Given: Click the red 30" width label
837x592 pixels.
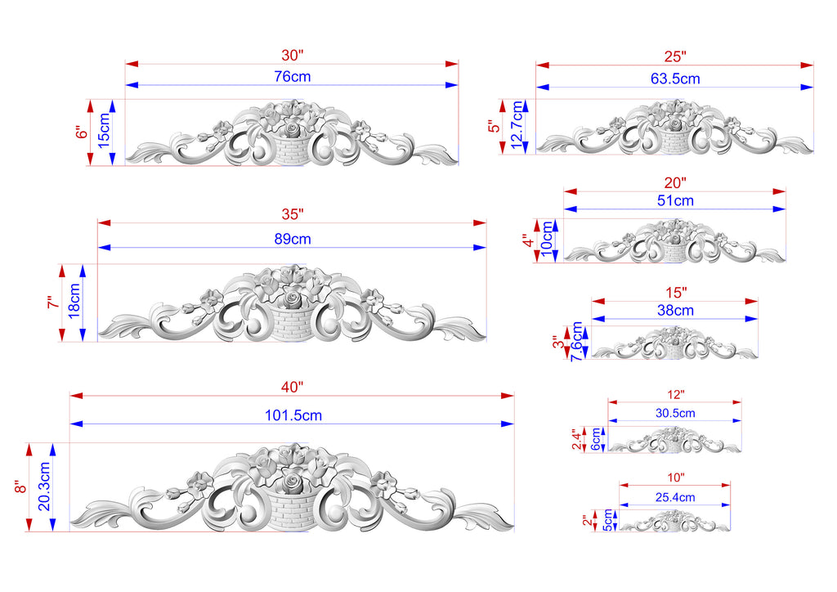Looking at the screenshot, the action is point(292,55).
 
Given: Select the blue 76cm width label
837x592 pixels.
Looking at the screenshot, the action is point(293,77).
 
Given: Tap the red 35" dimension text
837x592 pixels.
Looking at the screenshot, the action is point(293,214).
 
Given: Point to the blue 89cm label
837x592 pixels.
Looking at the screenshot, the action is point(293,239).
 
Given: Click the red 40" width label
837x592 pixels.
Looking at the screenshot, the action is point(292,387).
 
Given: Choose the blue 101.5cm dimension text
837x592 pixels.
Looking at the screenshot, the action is point(293,415).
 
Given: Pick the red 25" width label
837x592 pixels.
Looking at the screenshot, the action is point(675,56).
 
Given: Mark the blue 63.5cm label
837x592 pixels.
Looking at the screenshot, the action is point(675,79).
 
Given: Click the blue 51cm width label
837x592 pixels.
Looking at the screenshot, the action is point(675,200).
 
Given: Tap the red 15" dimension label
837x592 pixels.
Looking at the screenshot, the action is point(676,293).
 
